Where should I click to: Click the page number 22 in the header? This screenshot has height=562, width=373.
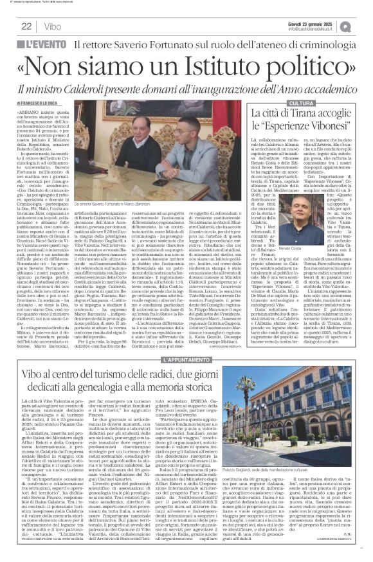click(27, 26)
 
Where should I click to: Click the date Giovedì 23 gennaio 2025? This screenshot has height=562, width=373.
click(316, 23)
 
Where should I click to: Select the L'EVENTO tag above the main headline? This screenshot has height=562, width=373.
click(44, 45)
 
